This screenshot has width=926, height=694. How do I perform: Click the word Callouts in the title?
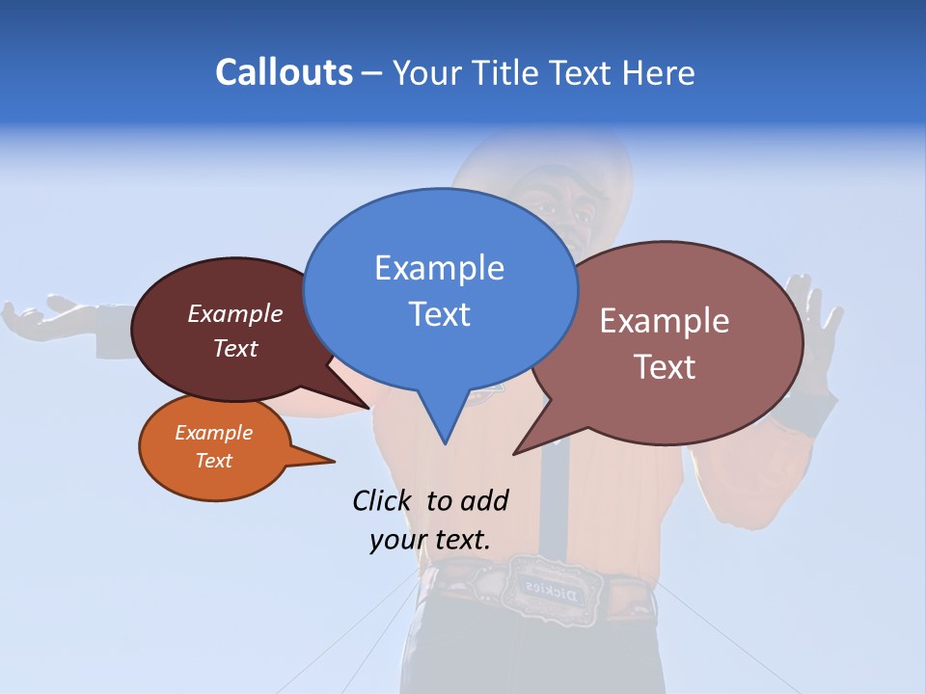pos(284,73)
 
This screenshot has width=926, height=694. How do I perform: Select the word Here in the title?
pos(660,73)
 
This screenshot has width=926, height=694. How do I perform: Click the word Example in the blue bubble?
pos(439,268)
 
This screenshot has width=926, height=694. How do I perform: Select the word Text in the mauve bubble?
pos(665,367)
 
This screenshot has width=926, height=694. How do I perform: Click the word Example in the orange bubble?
pos(213,433)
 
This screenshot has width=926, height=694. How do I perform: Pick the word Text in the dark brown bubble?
pos(235,349)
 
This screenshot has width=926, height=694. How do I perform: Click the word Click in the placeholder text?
pos(382,500)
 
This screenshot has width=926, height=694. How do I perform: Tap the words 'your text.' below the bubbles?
pos(430,540)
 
